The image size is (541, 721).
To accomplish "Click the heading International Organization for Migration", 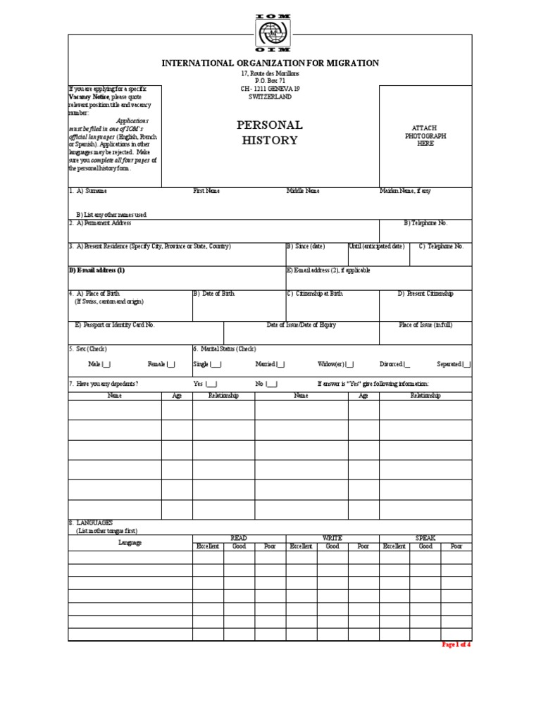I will [270, 63].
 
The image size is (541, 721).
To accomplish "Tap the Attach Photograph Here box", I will [425, 136].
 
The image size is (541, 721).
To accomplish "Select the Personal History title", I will [270, 132].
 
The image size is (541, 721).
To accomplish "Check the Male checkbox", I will [106, 364].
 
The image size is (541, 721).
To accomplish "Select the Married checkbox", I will [281, 364].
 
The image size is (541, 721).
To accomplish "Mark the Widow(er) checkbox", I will [349, 364].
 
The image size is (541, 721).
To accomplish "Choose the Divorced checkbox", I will [406, 364].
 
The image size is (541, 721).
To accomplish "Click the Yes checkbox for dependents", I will [211, 384].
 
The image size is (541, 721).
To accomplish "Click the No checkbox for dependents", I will [272, 384].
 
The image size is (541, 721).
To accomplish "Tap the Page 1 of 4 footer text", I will [455, 644].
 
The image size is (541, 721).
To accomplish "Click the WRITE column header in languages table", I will [332, 538].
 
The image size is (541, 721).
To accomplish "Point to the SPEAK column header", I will [425, 538].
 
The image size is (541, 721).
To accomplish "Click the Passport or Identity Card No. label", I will [115, 325].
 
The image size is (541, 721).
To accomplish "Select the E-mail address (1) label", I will [97, 270].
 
